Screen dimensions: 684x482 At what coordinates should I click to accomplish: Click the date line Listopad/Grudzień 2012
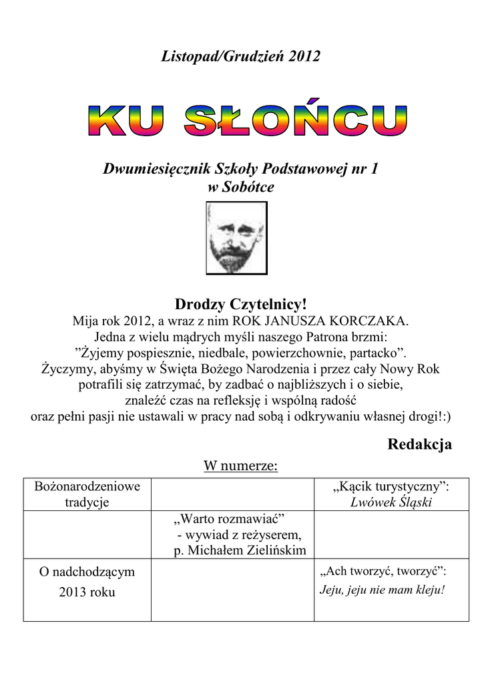[x=241, y=57]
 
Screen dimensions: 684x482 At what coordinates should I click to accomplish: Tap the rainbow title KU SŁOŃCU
[x=246, y=121]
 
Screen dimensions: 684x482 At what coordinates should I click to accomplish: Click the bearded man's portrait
[x=236, y=238]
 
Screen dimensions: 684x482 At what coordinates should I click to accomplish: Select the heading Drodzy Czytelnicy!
[x=240, y=305]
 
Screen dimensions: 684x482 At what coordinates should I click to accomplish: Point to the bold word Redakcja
[x=419, y=444]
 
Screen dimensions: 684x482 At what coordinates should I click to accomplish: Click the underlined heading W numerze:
[x=240, y=466]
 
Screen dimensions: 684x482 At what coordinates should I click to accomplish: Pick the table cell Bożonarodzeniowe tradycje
[x=87, y=494]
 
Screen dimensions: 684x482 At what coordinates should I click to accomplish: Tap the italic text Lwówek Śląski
[x=391, y=503]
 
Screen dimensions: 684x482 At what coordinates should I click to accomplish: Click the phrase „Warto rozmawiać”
[x=229, y=519]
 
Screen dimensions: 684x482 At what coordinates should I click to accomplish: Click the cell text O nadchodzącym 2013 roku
[x=87, y=582]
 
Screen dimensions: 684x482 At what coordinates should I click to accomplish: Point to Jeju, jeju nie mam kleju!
[x=383, y=590]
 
